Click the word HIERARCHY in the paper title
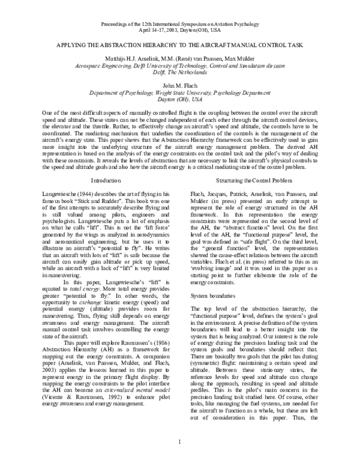pos(156,46)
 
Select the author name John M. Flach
pos(179,86)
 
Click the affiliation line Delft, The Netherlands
pos(179,72)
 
